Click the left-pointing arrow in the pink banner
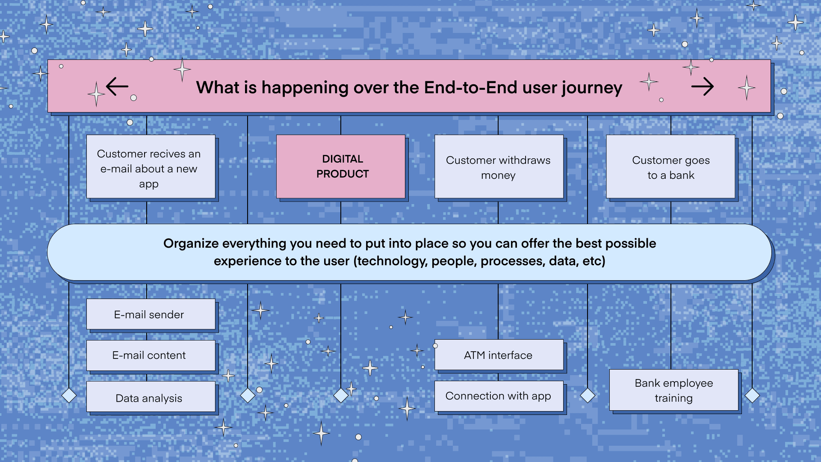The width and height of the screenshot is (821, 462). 117,86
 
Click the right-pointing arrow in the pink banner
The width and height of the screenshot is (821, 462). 703,87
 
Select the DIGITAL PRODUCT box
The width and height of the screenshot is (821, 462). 341,166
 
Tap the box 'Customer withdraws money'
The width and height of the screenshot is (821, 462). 499,166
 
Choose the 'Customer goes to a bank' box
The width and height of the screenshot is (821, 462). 670,166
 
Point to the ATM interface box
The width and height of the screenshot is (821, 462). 499,355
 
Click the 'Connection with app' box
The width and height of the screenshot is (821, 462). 499,396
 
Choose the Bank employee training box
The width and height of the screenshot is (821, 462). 674,390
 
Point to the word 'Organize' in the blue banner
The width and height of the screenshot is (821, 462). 191,244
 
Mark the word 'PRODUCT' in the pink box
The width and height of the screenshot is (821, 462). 343,174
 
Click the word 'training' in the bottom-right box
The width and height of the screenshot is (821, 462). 673,398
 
